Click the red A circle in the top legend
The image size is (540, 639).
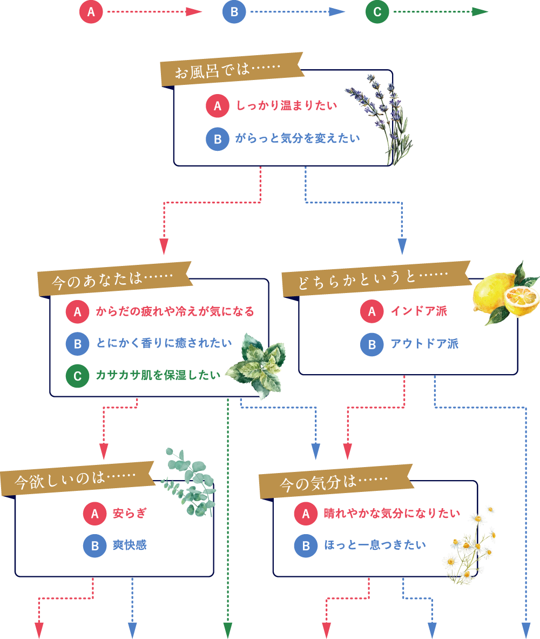click(x=91, y=12)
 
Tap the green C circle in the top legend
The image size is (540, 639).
click(x=377, y=12)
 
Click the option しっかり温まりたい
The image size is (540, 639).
click(x=287, y=105)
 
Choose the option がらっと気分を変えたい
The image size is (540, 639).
click(x=297, y=138)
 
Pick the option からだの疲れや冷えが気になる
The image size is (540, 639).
click(x=174, y=311)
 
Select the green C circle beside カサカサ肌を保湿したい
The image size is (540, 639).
click(x=77, y=376)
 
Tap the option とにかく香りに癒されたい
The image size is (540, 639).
click(x=164, y=343)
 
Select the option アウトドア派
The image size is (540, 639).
click(x=424, y=344)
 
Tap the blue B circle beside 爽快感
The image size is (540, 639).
click(x=94, y=545)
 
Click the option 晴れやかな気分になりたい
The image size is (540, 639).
click(x=391, y=513)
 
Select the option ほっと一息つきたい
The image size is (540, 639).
click(x=374, y=545)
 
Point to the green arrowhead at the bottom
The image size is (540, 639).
click(x=228, y=630)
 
